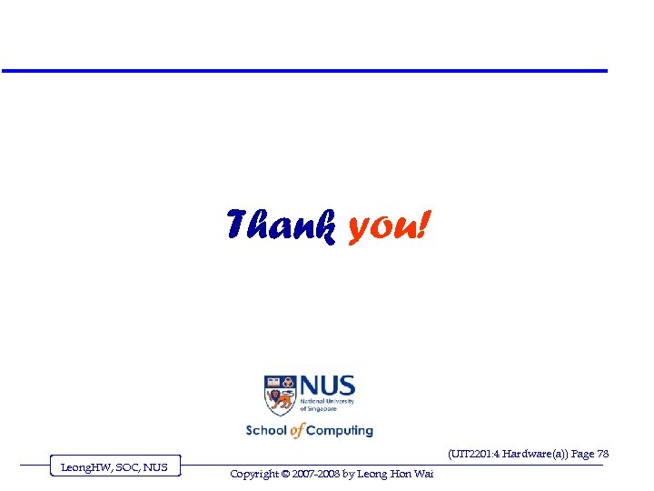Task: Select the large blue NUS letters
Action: click(x=327, y=386)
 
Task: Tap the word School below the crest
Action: click(x=265, y=430)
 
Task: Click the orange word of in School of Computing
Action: click(x=297, y=430)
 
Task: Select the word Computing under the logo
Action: click(x=340, y=431)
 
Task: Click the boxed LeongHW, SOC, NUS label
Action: click(x=114, y=467)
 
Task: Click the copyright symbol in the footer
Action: click(x=283, y=474)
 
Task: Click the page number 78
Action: click(x=602, y=454)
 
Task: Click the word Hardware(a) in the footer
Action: click(x=535, y=454)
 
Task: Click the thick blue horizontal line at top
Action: click(x=304, y=71)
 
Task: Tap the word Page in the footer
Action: click(x=581, y=454)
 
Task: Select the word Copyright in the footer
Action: click(x=253, y=474)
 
